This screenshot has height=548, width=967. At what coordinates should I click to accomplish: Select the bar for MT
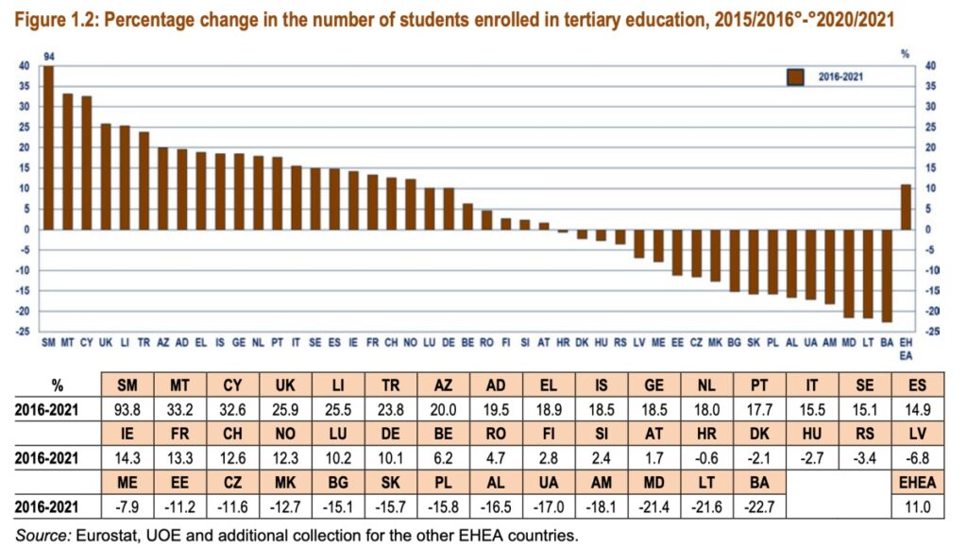click(67, 162)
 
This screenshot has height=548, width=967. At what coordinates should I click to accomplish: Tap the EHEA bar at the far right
click(906, 207)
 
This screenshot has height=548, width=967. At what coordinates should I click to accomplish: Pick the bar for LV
click(638, 244)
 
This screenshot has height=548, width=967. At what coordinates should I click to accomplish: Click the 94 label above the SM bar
click(48, 57)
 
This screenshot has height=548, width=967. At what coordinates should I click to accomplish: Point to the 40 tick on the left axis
click(24, 66)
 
